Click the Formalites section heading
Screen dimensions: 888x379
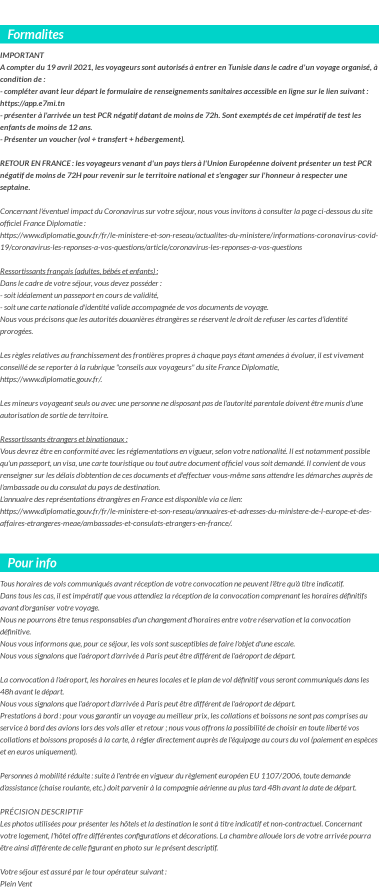35,34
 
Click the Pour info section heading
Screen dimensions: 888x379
32,563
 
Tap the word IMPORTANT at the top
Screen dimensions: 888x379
22,55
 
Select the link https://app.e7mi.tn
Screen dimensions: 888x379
32,103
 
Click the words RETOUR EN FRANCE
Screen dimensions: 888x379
35,163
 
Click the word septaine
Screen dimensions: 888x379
14,187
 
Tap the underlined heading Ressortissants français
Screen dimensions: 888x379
79,271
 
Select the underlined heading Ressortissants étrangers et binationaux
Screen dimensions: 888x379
63,439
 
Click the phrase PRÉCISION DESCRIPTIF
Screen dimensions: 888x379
41,811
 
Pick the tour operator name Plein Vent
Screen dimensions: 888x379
16,883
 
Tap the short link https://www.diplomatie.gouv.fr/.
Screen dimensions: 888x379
51,379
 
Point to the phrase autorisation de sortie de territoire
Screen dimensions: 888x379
54,415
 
